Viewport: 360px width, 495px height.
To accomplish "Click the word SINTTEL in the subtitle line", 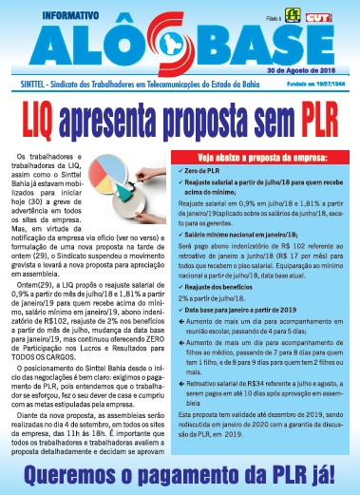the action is click(x=25, y=84).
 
